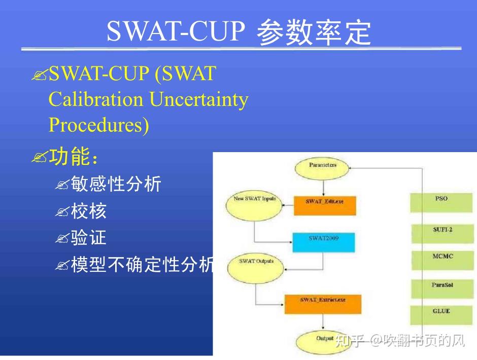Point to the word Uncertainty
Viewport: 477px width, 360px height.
click(199, 99)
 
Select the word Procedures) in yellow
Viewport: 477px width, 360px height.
click(99, 125)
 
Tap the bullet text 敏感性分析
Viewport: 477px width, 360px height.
click(116, 184)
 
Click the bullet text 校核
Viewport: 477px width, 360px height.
click(89, 211)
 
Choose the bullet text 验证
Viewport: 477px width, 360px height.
click(89, 238)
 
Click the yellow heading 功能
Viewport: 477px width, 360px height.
click(70, 157)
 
